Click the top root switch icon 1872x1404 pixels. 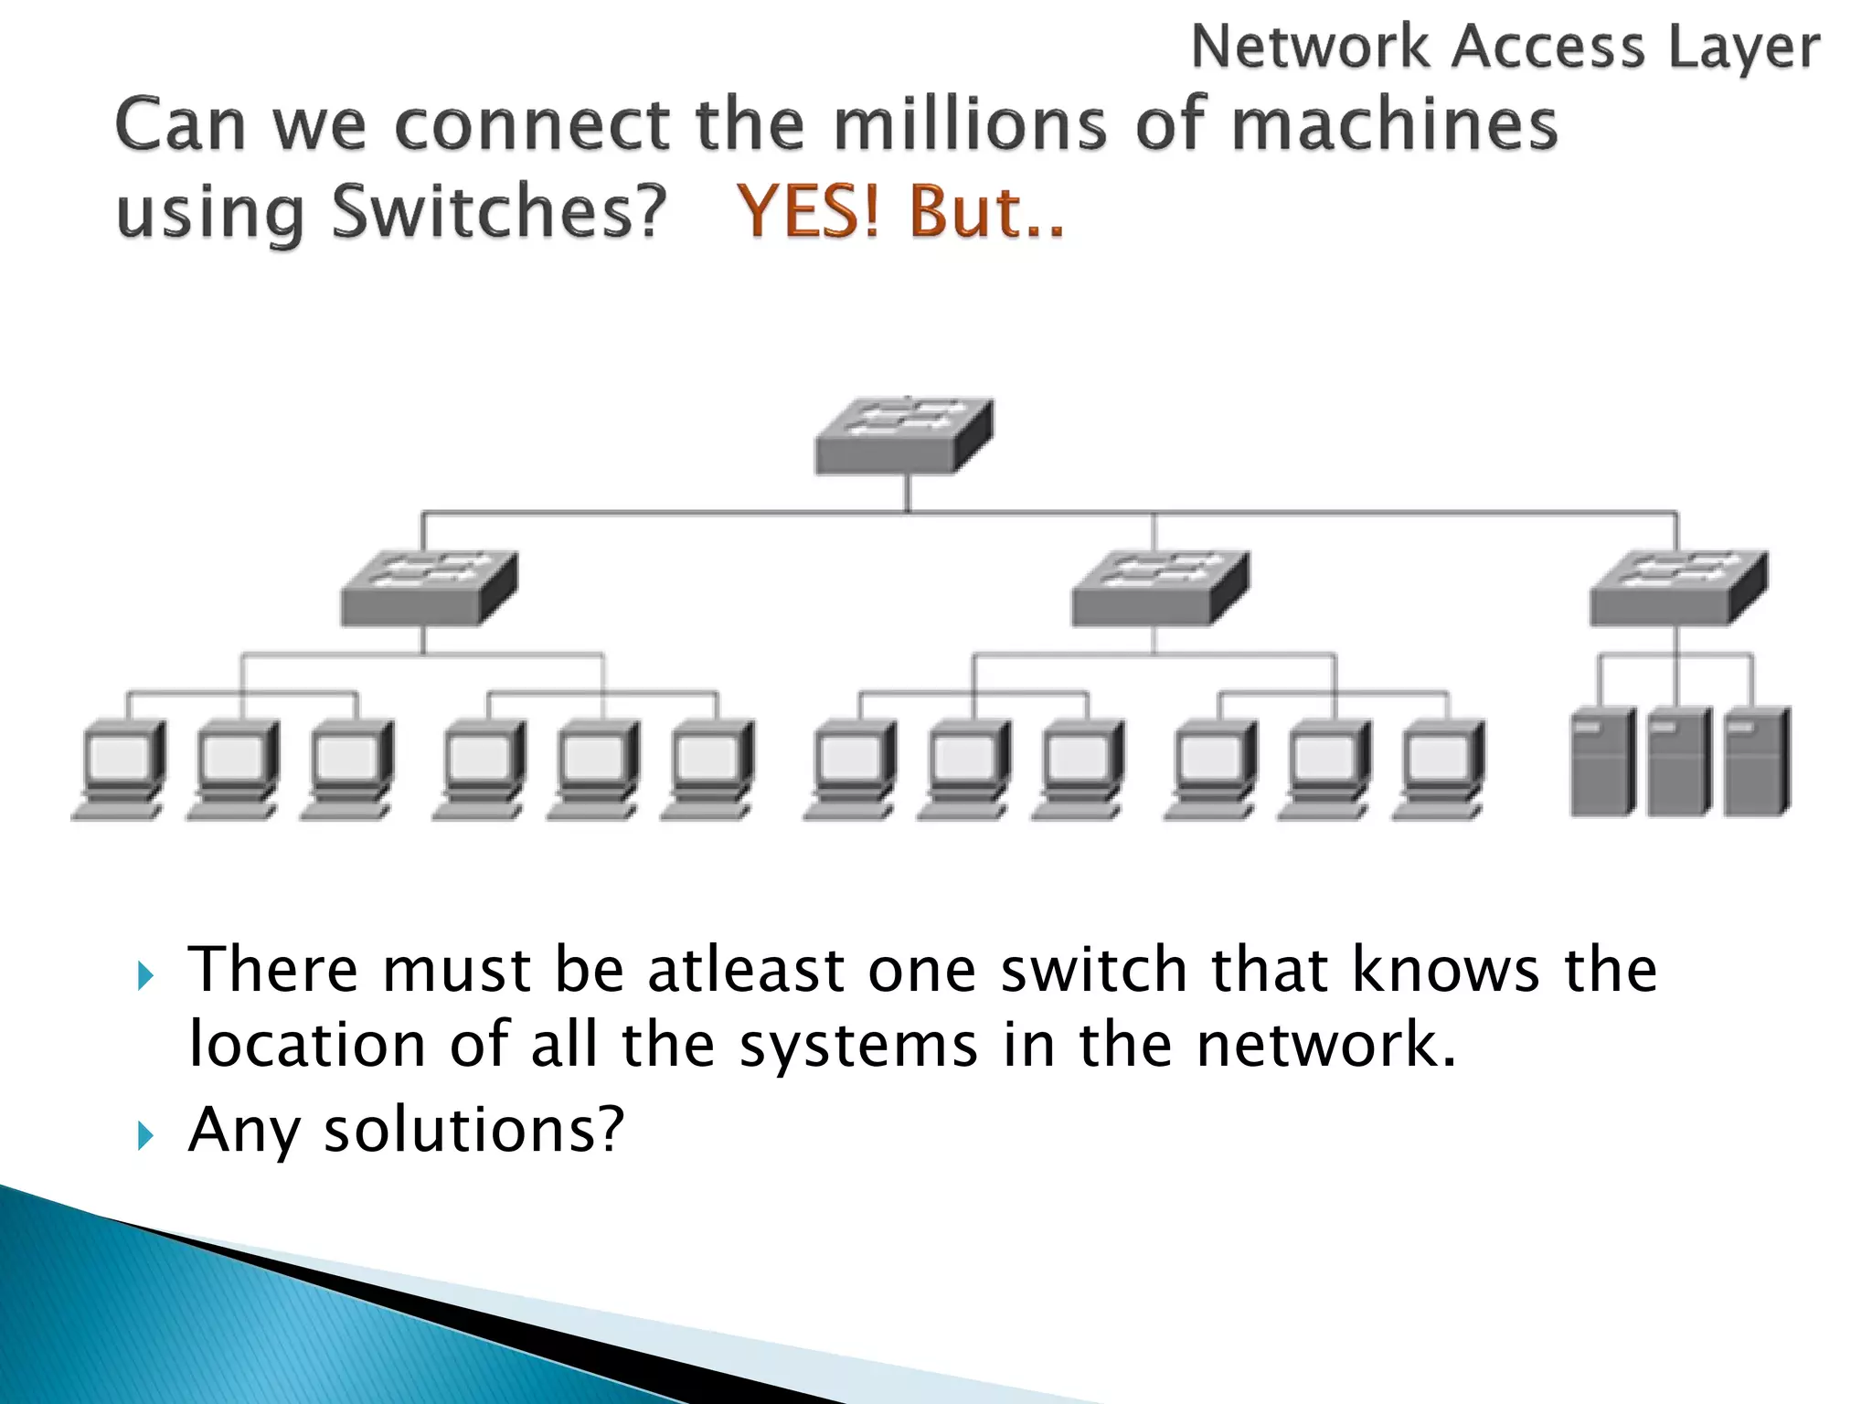[904, 436]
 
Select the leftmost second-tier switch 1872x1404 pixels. [429, 589]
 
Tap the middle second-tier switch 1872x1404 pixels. [1160, 589]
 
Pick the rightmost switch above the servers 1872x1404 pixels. [1678, 589]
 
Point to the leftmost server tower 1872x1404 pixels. [1602, 760]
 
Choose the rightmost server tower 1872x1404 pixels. [1757, 760]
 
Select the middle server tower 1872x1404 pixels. [1679, 760]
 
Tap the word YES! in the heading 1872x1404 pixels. [809, 211]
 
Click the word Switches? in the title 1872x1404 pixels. [499, 211]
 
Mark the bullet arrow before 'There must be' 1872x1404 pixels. [145, 975]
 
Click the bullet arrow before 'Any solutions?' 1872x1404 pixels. [145, 1135]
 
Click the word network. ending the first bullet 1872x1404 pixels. [1325, 1044]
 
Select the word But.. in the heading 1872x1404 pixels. [987, 211]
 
